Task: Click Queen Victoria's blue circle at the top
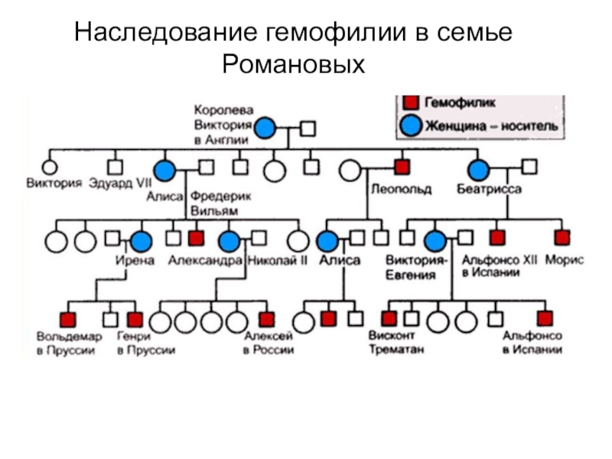click(x=265, y=129)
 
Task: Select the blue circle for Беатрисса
click(x=479, y=170)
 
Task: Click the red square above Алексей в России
click(x=266, y=319)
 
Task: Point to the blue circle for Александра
click(x=228, y=242)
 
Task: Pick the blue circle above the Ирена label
click(x=141, y=242)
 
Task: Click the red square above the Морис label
click(x=562, y=237)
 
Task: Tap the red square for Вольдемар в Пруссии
click(x=68, y=319)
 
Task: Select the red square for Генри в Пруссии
click(x=135, y=319)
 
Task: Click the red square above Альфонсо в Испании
click(x=545, y=318)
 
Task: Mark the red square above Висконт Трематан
click(x=389, y=318)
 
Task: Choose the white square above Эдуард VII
click(x=115, y=166)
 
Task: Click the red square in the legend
click(x=411, y=102)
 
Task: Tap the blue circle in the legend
click(x=410, y=125)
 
